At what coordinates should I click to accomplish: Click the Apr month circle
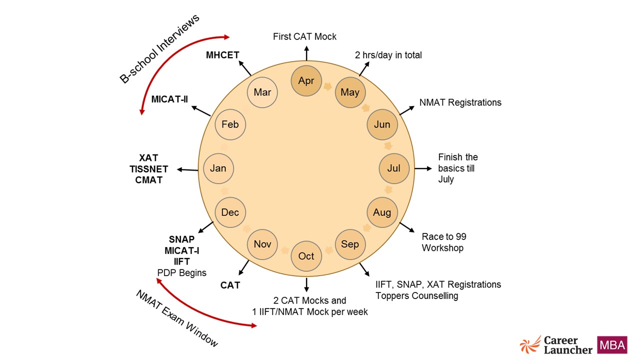coord(306,80)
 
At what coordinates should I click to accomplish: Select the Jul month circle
coord(394,168)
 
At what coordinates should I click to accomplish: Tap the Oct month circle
coord(306,256)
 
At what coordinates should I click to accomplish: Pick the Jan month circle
coord(218,168)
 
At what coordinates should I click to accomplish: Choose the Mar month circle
coord(262,92)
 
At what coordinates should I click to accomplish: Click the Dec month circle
coord(230,212)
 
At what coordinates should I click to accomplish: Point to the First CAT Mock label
coord(304,36)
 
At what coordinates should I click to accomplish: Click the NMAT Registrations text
coord(460,102)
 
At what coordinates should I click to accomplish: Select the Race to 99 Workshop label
coord(444,242)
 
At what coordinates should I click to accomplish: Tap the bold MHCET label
coord(222,55)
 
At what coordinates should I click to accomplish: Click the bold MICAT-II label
coord(169,99)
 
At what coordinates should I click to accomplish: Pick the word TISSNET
coord(149,169)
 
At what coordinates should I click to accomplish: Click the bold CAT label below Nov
coord(230,285)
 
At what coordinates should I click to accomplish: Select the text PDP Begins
coord(181,273)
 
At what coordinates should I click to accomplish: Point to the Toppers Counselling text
coord(416,295)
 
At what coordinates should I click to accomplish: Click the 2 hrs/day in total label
coord(388,55)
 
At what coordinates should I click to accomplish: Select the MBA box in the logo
coord(612,345)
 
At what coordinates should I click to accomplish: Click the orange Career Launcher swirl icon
coord(530,345)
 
